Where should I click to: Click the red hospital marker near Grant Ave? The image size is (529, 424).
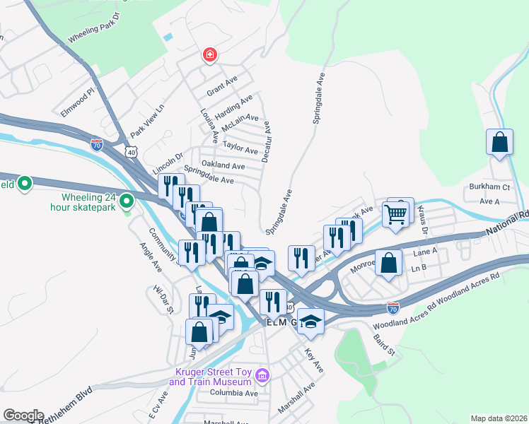pyautogui.click(x=209, y=54)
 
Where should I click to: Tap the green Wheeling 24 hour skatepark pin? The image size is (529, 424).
pyautogui.click(x=127, y=202)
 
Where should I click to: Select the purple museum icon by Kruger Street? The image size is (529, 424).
pyautogui.click(x=263, y=374)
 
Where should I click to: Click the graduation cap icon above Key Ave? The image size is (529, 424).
pyautogui.click(x=310, y=322)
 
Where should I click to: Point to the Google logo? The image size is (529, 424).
pyautogui.click(x=23, y=416)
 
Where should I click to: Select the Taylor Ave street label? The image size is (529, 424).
pyautogui.click(x=240, y=149)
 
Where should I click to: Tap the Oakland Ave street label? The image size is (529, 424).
pyautogui.click(x=223, y=165)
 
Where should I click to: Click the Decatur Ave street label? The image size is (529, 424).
pyautogui.click(x=266, y=141)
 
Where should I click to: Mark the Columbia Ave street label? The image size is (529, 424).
pyautogui.click(x=233, y=393)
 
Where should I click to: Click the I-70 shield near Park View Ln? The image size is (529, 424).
pyautogui.click(x=97, y=145)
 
